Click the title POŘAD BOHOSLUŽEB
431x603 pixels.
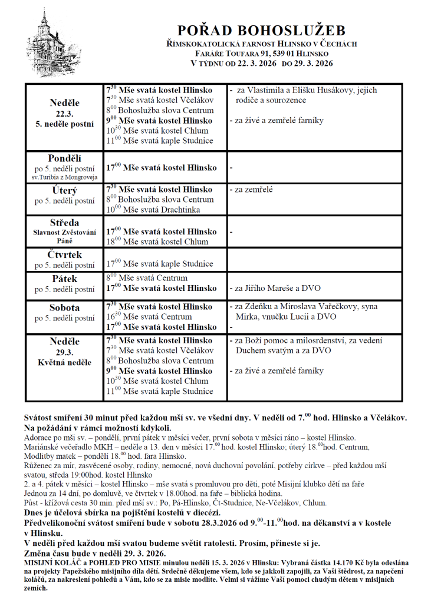pos(262,31)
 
